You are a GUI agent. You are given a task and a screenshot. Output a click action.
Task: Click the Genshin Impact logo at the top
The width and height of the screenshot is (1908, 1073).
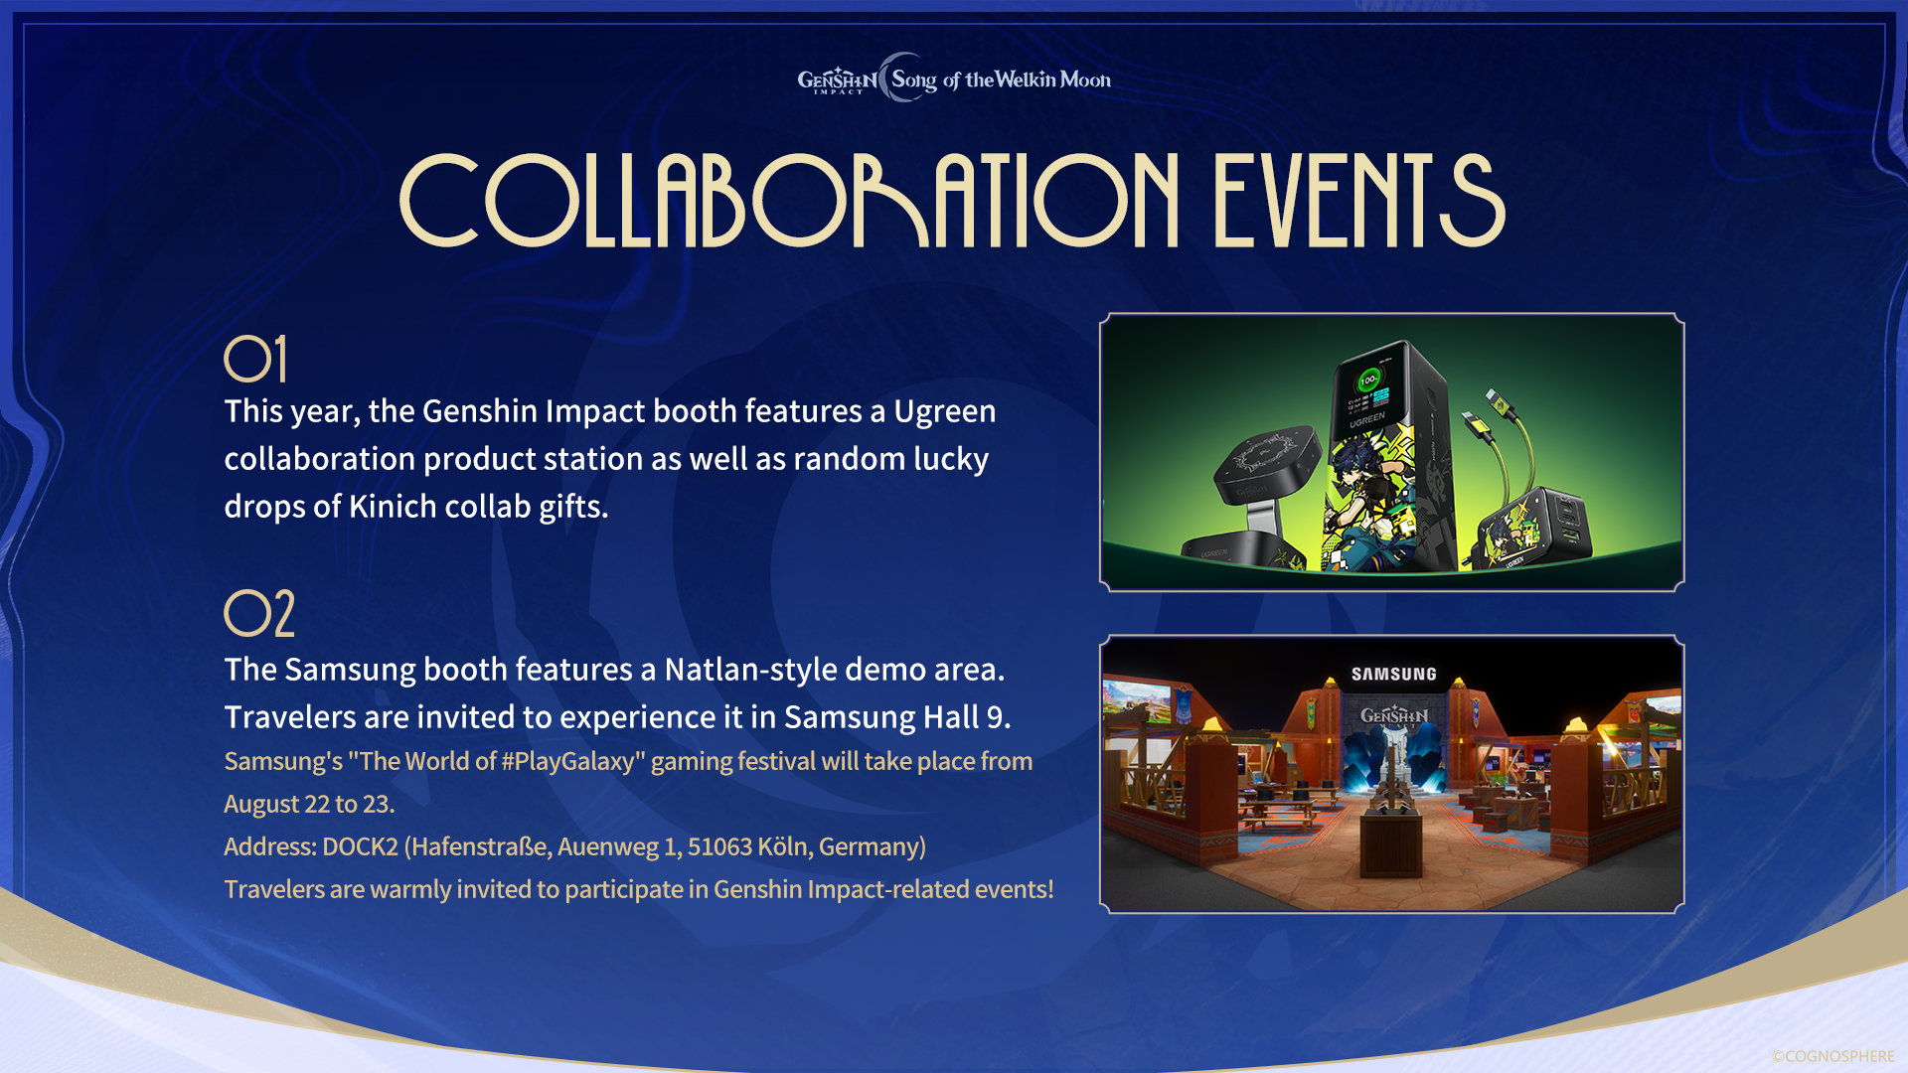pyautogui.click(x=837, y=79)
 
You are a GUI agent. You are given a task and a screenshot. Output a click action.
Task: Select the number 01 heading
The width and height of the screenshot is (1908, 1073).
pyautogui.click(x=256, y=359)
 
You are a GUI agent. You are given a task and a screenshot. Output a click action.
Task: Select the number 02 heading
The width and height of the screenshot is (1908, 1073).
pyautogui.click(x=259, y=613)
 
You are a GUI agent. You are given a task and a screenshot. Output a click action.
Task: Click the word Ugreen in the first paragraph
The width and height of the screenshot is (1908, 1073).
pyautogui.click(x=944, y=411)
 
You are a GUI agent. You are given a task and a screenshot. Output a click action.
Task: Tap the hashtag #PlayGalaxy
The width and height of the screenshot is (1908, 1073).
pyautogui.click(x=567, y=761)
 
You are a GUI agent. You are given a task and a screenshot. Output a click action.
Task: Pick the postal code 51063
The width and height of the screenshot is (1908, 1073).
pyautogui.click(x=719, y=846)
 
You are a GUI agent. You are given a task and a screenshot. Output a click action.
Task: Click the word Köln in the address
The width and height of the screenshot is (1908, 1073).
pyautogui.click(x=783, y=846)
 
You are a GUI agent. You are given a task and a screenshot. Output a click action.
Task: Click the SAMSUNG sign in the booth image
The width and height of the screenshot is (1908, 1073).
pyautogui.click(x=1393, y=674)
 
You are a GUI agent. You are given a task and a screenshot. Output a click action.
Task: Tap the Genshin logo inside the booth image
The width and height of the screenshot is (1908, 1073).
pyautogui.click(x=1393, y=715)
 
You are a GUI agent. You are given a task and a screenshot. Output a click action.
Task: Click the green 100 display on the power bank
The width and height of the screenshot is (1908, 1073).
pyautogui.click(x=1368, y=380)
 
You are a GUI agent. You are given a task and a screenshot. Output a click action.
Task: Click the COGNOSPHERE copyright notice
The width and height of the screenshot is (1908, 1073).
pyautogui.click(x=1832, y=1056)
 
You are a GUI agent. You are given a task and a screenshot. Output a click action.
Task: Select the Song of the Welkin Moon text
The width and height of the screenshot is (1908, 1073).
pyautogui.click(x=1000, y=79)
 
